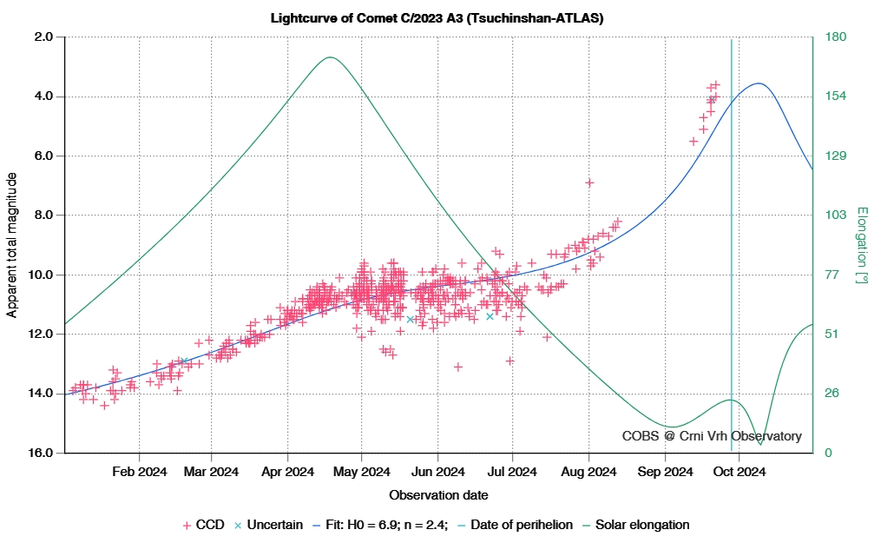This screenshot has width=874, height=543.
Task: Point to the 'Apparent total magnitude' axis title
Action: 12,245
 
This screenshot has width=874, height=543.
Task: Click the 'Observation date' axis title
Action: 438,495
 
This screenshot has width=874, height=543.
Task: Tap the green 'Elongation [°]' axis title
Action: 861,245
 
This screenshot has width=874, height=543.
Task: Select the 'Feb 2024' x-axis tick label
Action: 140,473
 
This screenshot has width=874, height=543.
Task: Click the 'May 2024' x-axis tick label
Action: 362,473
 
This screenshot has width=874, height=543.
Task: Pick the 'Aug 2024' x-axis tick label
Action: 588,473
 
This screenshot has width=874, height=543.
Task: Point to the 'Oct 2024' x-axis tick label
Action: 739,473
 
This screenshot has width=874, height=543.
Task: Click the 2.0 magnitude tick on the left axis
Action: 43,37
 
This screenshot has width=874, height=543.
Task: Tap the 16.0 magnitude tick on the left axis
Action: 43,453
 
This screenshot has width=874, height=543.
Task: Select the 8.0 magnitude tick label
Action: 43,215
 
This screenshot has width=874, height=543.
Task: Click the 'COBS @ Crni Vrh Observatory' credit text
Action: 712,436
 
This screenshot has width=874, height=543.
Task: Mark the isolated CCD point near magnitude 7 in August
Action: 589,182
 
